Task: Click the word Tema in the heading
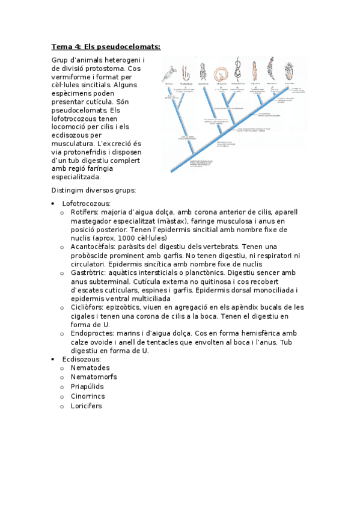[x=62, y=47]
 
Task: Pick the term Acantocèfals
[x=93, y=247]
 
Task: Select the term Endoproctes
[x=92, y=333]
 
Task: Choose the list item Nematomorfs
[x=93, y=376]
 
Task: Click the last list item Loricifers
[x=86, y=405]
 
